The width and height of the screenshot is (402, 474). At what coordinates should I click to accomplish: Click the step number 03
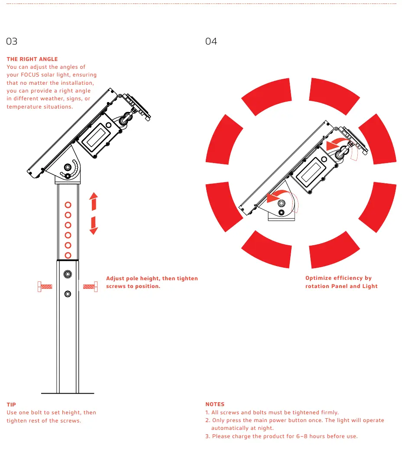click(x=12, y=41)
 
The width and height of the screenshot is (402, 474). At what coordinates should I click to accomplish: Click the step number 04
click(x=211, y=41)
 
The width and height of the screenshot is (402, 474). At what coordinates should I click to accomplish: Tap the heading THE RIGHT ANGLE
click(x=32, y=59)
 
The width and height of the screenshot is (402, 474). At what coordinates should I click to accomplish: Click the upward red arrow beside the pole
click(x=94, y=202)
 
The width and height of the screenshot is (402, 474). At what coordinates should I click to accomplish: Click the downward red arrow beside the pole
click(x=94, y=225)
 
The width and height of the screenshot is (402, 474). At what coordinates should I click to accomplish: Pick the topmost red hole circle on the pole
click(x=68, y=205)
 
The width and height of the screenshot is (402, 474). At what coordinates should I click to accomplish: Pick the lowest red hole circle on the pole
click(x=68, y=256)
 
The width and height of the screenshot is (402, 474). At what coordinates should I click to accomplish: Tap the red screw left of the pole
click(x=45, y=287)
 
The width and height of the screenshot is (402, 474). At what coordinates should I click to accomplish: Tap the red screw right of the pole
click(x=90, y=287)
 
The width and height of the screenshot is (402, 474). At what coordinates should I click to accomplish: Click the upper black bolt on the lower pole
click(x=68, y=274)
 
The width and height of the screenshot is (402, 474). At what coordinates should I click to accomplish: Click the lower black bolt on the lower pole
click(x=68, y=294)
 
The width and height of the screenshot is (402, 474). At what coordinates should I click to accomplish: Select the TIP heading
click(x=11, y=404)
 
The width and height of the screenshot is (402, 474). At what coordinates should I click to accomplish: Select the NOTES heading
click(x=215, y=404)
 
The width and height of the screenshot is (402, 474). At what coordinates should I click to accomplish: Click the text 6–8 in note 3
click(x=301, y=436)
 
